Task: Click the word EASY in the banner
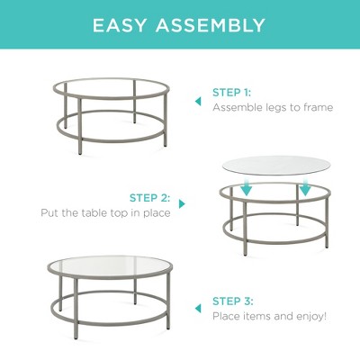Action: coord(119,25)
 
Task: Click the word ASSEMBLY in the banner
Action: coord(211,25)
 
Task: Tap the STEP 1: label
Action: coord(231,93)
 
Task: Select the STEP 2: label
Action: coord(149,198)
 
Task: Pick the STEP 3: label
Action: coord(233,301)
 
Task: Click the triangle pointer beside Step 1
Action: coord(198,102)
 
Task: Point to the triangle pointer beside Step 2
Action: coord(182,204)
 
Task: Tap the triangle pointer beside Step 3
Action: coord(198,308)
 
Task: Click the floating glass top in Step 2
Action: coord(276,165)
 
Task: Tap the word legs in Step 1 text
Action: coord(276,108)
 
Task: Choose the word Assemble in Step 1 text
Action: coord(238,107)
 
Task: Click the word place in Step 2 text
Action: coord(157,213)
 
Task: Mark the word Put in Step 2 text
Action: coord(49,212)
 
